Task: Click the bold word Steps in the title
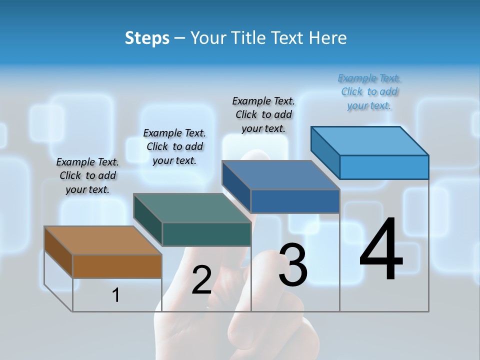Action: pyautogui.click(x=147, y=38)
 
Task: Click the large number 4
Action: pyautogui.click(x=381, y=250)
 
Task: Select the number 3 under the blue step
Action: pyautogui.click(x=293, y=265)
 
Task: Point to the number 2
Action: pyautogui.click(x=201, y=280)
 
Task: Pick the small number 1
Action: pyautogui.click(x=115, y=295)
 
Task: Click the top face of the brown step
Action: pyautogui.click(x=102, y=240)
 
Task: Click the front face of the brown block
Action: pyautogui.click(x=117, y=266)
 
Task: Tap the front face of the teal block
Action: pyautogui.click(x=206, y=234)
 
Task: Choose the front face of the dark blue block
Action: pyautogui.click(x=295, y=201)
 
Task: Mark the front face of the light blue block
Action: pyautogui.click(x=384, y=167)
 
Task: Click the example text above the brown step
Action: pyautogui.click(x=87, y=175)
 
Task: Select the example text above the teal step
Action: pyautogui.click(x=174, y=146)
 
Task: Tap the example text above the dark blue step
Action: pyautogui.click(x=263, y=114)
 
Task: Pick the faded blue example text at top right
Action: pyautogui.click(x=369, y=91)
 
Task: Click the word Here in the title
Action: pyautogui.click(x=330, y=38)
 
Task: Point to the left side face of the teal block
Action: pyautogui.click(x=148, y=220)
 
